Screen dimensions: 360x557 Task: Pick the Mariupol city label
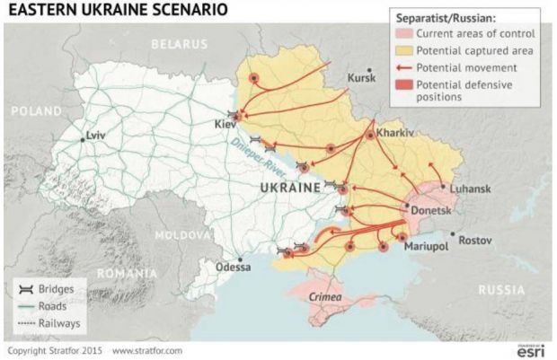pyautogui.click(x=425, y=245)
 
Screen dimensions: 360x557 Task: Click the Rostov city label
pyautogui.click(x=475, y=241)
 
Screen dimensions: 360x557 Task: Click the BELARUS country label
pyautogui.click(x=179, y=43)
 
